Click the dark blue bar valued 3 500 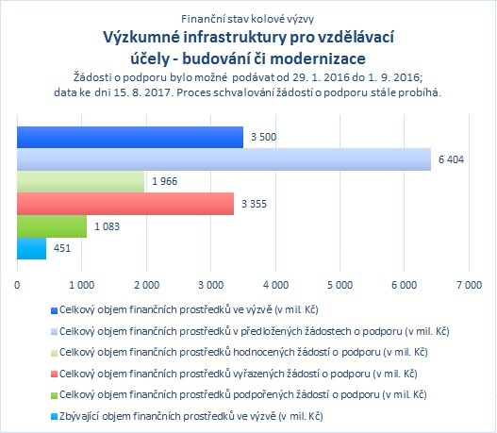130,137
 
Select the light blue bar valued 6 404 224,159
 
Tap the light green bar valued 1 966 80,181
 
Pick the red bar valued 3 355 125,204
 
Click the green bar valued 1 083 52,226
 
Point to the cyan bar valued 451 31,248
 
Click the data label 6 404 451,159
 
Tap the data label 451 62,248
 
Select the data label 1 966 164,181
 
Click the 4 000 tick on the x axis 275,285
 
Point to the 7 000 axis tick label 469,285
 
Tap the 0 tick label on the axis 17,285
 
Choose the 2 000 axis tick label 146,285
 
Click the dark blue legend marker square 54,310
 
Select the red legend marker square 54,375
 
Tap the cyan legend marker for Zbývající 54,417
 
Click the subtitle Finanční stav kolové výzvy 247,19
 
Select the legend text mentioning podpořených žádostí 242,395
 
